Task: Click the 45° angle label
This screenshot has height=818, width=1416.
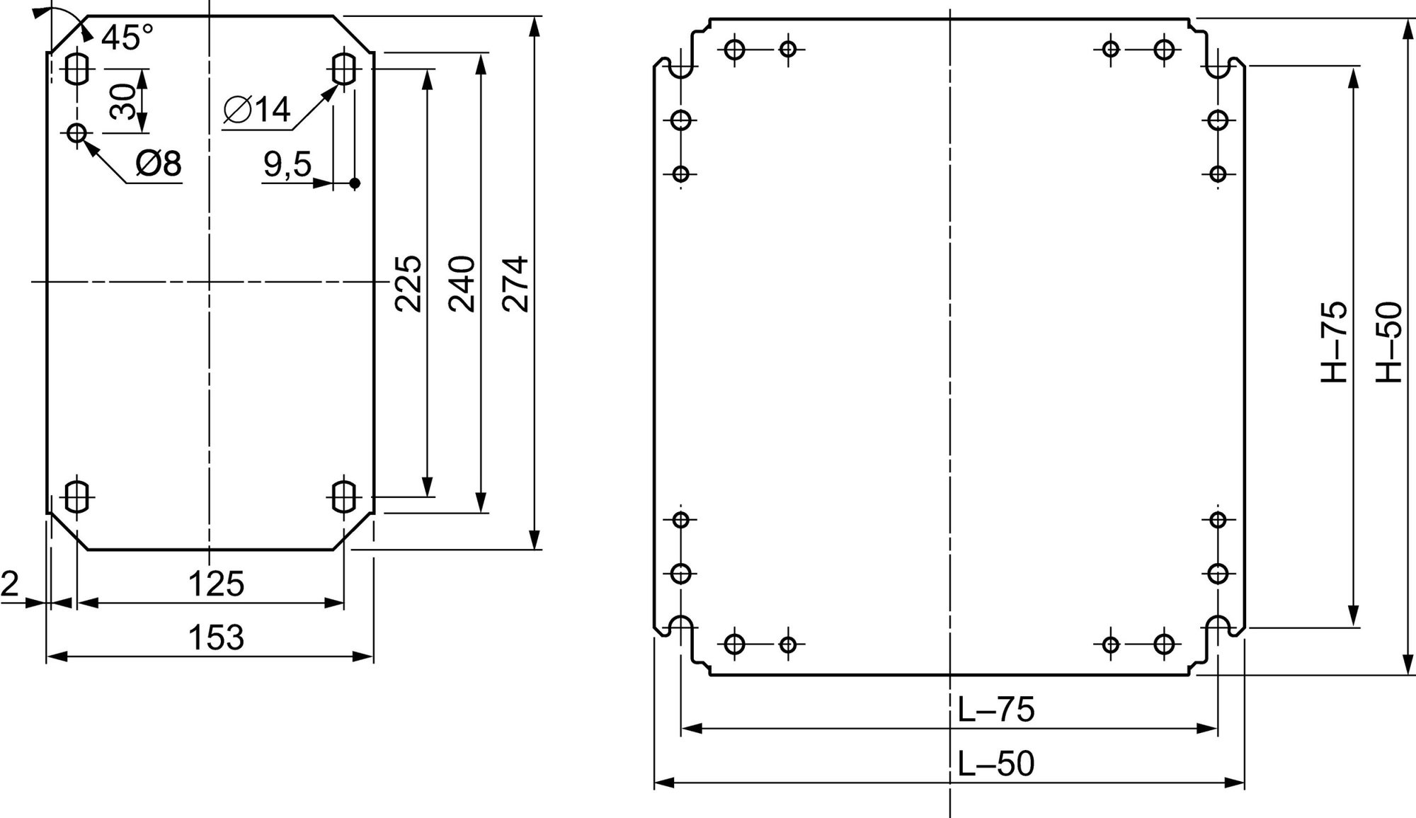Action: click(127, 38)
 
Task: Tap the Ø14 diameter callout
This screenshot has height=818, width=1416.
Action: click(256, 110)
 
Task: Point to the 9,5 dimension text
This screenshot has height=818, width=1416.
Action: click(287, 164)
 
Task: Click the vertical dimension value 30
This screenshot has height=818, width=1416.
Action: click(122, 101)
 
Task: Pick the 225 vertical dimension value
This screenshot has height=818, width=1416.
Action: click(408, 283)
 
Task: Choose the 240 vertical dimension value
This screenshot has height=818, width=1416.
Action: click(462, 283)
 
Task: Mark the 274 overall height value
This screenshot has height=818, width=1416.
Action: click(515, 283)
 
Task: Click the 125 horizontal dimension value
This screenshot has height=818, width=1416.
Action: click(216, 584)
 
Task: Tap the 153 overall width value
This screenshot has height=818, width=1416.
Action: click(216, 637)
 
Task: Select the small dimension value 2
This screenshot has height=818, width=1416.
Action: click(10, 584)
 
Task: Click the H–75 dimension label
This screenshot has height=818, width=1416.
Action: click(1334, 343)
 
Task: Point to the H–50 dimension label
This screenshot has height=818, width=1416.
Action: click(1388, 343)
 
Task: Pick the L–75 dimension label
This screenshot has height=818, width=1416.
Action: click(996, 710)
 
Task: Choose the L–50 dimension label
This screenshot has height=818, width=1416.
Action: click(996, 763)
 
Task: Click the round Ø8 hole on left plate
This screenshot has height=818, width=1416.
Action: click(77, 132)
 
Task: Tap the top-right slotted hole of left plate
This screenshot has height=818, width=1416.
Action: click(343, 69)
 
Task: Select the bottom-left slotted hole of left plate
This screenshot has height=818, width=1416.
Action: click(77, 496)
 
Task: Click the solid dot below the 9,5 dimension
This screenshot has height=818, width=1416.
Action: click(355, 183)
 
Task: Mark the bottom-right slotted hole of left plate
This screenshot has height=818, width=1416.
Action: click(343, 496)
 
